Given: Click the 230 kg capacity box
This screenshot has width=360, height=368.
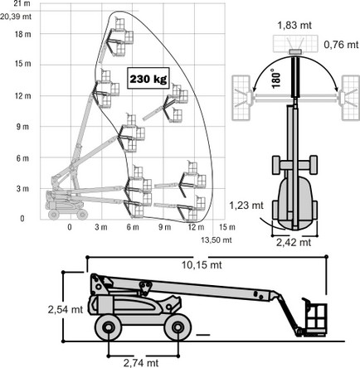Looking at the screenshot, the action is click(148, 78).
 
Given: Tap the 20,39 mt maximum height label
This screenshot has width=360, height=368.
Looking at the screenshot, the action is click(16, 17).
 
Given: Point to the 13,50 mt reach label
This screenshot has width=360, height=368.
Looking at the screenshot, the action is click(216, 240).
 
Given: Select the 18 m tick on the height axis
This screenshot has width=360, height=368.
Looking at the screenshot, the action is click(23, 35).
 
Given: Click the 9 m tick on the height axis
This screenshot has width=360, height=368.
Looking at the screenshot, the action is click(22, 127).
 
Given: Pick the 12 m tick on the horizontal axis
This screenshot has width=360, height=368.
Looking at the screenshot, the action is click(196, 227).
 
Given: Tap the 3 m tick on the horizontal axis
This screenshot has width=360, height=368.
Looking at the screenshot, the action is click(101, 227).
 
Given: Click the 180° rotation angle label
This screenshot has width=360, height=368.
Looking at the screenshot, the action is click(276, 78).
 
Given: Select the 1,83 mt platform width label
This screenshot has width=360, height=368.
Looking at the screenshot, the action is click(294, 26).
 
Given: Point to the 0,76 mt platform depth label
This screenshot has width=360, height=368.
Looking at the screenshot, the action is click(341, 45).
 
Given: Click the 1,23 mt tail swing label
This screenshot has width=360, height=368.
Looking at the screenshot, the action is click(246, 205).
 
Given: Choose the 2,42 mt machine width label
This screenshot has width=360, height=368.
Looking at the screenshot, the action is click(294, 242).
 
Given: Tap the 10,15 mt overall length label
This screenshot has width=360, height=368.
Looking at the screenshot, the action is click(202, 265).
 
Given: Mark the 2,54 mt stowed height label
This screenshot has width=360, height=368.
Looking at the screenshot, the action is click(66, 309).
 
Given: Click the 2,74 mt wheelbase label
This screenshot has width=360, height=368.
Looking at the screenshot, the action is click(141, 363).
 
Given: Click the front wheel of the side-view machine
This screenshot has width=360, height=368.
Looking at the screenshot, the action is click(178, 327).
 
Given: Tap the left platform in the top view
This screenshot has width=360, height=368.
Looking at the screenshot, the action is click(242, 98).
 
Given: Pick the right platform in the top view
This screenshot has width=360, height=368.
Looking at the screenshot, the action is click(350, 98).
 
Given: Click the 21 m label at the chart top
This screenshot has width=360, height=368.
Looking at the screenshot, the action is click(22, 4).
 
